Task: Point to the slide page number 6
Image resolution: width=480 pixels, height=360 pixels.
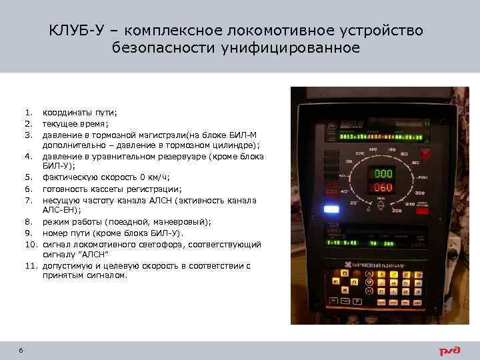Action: tap(21, 351)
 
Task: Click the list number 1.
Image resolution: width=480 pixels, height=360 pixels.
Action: tap(29, 113)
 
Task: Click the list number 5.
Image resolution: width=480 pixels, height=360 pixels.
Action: tap(29, 177)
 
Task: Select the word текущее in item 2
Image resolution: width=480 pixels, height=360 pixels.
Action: tap(60, 123)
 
